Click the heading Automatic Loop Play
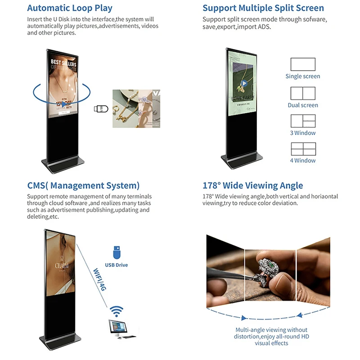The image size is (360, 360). tap(70, 8)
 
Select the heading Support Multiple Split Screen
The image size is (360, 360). tap(263, 8)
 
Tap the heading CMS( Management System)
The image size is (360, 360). tap(83, 185)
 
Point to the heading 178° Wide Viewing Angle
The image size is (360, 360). tap(253, 185)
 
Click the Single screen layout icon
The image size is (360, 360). tap(303, 64)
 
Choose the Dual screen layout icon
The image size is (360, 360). tap(303, 93)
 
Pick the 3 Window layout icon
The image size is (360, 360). tap(303, 121)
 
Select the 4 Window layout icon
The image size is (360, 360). tap(303, 149)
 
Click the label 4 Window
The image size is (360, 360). tap(303, 161)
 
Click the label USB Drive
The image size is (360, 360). tap(116, 265)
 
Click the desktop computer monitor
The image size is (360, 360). tap(120, 326)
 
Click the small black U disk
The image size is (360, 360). tap(101, 108)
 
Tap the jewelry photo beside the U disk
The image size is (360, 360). tap(136, 108)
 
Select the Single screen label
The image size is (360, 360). tap(303, 76)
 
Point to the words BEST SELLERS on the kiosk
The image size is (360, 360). tap(63, 63)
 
